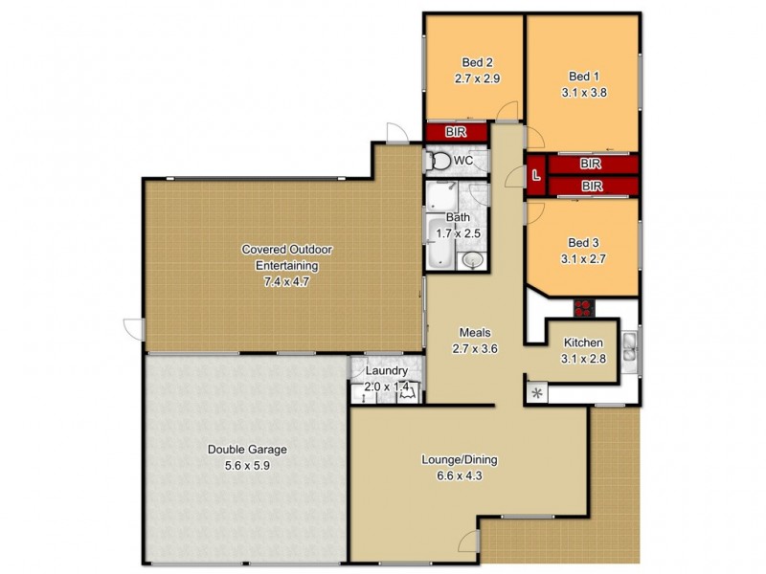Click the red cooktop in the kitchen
[x=583, y=308]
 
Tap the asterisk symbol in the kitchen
[x=537, y=393]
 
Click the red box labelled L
[x=536, y=176]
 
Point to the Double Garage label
[x=247, y=449]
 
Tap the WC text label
[x=462, y=160]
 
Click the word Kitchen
[x=582, y=342]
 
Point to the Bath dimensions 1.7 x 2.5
[x=457, y=232]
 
